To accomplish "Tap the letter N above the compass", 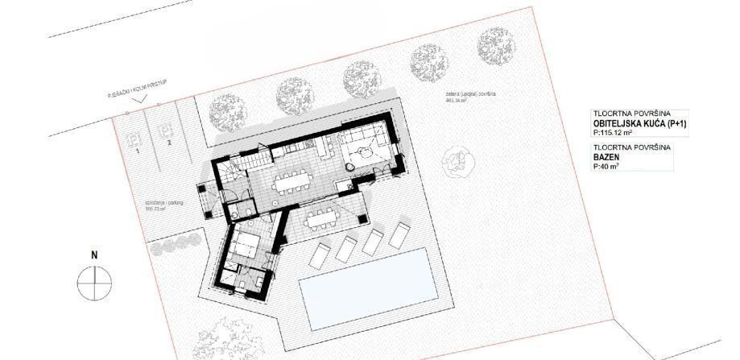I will tap(94, 255).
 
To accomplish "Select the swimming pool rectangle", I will tap(362, 288).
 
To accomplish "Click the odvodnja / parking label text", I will tap(164, 205).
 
